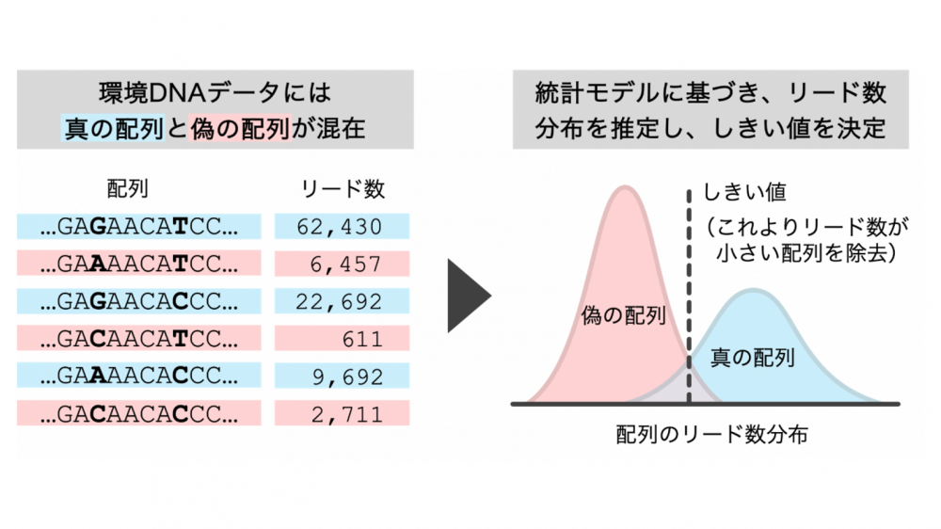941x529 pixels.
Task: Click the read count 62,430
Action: coord(340,227)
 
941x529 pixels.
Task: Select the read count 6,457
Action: coord(345,264)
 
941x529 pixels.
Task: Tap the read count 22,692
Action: coord(339,301)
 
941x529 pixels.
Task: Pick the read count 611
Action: coord(362,339)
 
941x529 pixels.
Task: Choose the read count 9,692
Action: coord(347,377)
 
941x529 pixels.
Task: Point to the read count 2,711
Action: coord(347,414)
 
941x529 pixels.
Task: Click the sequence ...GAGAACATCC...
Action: coord(139,226)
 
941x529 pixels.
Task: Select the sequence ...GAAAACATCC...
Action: coord(139,264)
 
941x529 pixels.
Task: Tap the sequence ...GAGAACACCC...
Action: coord(139,301)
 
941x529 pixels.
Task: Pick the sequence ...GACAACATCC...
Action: coord(139,339)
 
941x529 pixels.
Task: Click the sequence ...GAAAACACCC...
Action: coord(139,376)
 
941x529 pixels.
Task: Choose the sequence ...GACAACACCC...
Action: coord(139,414)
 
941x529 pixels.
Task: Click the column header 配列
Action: coord(127,188)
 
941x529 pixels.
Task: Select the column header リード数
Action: coord(343,189)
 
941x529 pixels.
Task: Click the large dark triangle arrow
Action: coord(468,296)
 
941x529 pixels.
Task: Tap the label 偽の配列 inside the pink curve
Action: coord(623,315)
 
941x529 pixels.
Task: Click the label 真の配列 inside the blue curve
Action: coord(753,358)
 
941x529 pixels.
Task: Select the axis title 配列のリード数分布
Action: coord(711,434)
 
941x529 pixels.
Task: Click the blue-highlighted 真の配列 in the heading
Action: coord(114,128)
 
